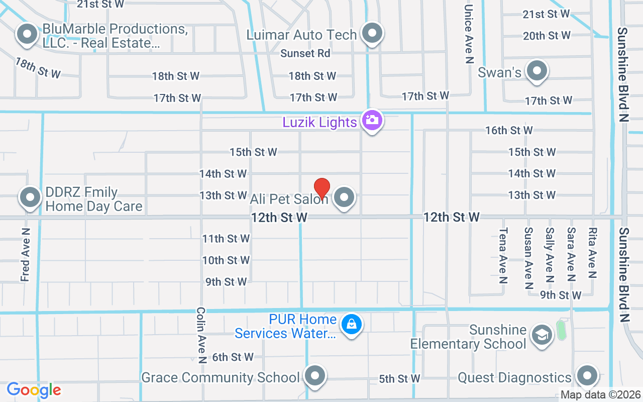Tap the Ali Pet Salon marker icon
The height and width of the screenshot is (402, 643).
344,197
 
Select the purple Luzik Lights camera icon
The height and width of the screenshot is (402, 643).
372,120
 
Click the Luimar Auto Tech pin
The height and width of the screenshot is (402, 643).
372,34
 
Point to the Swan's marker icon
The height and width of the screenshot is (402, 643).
537,71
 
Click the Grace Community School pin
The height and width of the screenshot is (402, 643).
315,376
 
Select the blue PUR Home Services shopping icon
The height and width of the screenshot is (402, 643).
352,324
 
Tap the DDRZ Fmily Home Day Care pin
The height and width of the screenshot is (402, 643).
30,197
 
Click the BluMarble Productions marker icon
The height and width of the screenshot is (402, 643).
27,35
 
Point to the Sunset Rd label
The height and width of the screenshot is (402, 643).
305,53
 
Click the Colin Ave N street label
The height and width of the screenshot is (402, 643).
201,335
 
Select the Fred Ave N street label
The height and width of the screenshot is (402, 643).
26,254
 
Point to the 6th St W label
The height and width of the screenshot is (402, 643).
233,357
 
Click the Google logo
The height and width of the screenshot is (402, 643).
34,390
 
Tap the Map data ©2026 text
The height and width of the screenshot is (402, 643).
601,395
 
